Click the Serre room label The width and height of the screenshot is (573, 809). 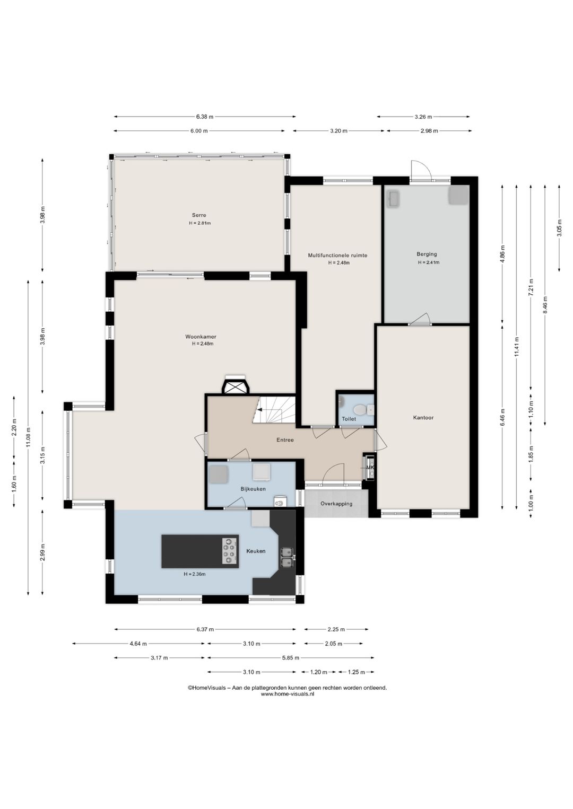(199, 215)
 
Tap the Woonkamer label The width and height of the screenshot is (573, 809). (201, 337)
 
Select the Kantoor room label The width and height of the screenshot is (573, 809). (423, 418)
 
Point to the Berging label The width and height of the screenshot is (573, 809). (427, 254)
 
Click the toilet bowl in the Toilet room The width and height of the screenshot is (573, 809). (360, 410)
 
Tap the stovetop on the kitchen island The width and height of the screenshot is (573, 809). (229, 551)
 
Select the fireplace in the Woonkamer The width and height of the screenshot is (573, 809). (236, 385)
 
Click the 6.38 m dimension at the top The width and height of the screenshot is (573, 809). (205, 117)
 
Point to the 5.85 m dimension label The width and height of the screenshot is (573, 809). (290, 658)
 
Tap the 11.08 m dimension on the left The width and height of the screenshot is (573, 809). (28, 437)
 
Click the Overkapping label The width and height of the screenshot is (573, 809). (336, 504)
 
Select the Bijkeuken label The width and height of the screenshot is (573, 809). (253, 489)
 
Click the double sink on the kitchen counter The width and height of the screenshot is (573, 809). (287, 557)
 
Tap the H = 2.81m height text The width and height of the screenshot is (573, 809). (199, 223)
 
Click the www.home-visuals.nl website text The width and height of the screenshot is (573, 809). (288, 694)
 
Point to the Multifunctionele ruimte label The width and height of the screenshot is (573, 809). (337, 256)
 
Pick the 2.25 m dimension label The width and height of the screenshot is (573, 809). (336, 629)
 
